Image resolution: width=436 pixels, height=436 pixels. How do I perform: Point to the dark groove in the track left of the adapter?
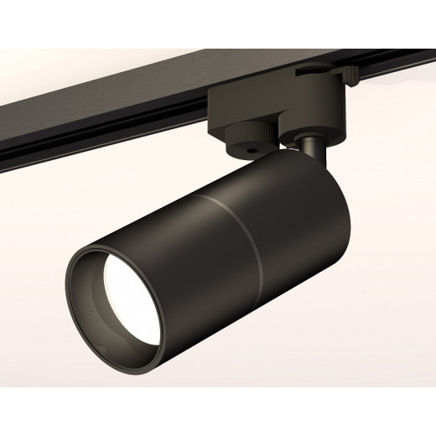[101, 130]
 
